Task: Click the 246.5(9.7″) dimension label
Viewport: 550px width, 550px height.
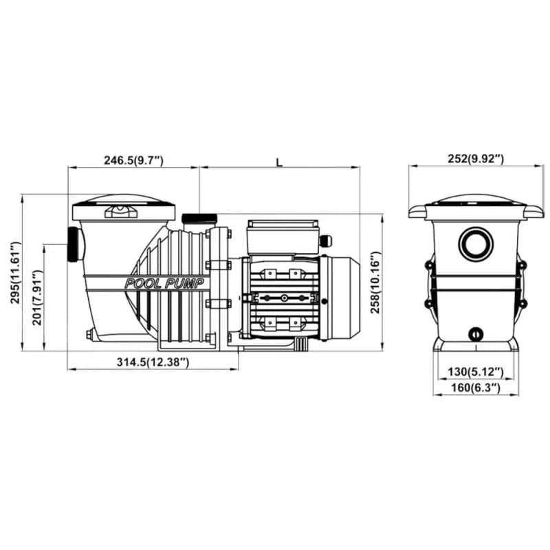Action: point(133,160)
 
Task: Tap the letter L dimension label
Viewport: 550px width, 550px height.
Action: point(279,162)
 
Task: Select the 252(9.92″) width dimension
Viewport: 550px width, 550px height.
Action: point(476,159)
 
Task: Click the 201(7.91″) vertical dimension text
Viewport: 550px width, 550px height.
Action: point(38,298)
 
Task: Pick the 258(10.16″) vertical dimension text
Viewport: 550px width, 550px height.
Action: point(375,283)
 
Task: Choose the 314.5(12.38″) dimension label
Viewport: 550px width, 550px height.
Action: point(153,362)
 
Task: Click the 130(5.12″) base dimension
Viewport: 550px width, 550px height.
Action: point(476,371)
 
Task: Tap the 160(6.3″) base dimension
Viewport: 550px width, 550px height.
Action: point(476,387)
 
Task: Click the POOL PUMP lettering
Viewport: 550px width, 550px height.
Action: point(164,283)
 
